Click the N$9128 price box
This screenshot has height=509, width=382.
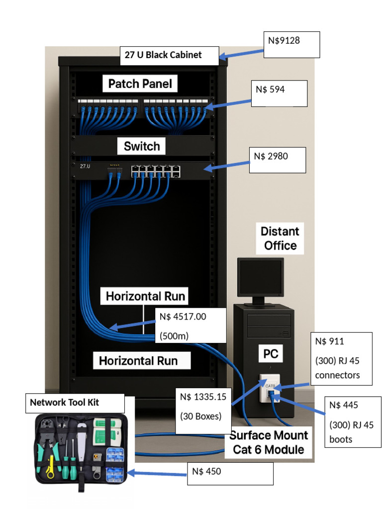(291, 45)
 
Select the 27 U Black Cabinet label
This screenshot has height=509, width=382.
(169, 55)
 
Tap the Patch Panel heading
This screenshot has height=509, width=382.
(140, 84)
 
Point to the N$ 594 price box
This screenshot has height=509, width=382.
(279, 93)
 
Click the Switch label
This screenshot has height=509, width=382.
(142, 147)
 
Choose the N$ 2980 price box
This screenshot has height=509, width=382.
(277, 160)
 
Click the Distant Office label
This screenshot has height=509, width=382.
(280, 239)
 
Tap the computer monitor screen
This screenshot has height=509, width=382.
(260, 276)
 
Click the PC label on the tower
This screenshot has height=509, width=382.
(270, 354)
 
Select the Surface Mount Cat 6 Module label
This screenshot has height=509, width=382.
(269, 442)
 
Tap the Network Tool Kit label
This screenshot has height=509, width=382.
(75, 403)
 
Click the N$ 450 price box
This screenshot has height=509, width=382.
(232, 473)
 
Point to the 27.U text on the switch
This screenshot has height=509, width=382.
(86, 166)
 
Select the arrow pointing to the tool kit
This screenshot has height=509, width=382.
(157, 474)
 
